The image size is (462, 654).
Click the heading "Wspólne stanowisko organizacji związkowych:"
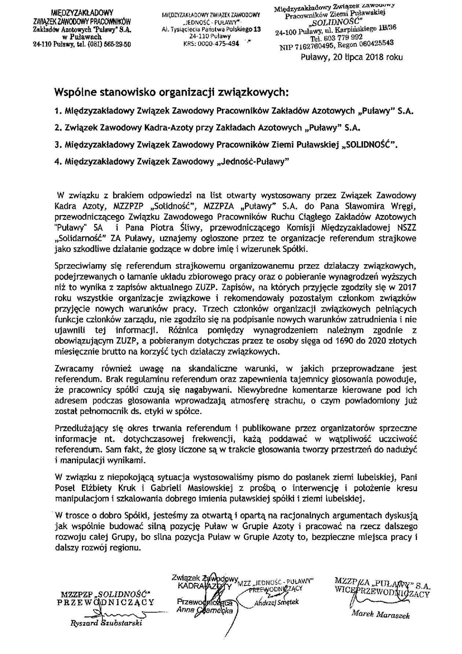(171, 92)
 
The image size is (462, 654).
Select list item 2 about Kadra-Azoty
(208, 128)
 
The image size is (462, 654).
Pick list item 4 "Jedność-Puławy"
(172, 162)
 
